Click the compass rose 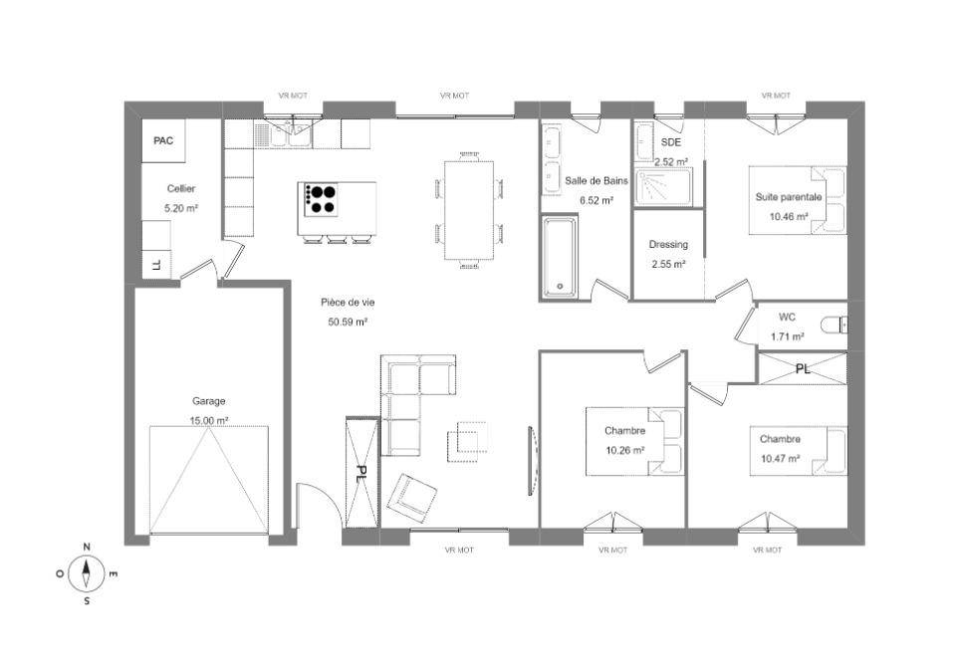87,573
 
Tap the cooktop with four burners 318,199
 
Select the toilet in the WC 834,325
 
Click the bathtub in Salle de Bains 559,257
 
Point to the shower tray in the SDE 663,186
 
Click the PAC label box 163,140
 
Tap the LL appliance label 156,265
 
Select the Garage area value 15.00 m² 209,421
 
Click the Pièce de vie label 348,303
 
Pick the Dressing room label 668,245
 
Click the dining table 469,210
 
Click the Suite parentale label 789,197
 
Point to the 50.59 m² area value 348,322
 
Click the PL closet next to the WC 803,368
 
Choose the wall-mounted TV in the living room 533,460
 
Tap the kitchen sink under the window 290,134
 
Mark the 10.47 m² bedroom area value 780,459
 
